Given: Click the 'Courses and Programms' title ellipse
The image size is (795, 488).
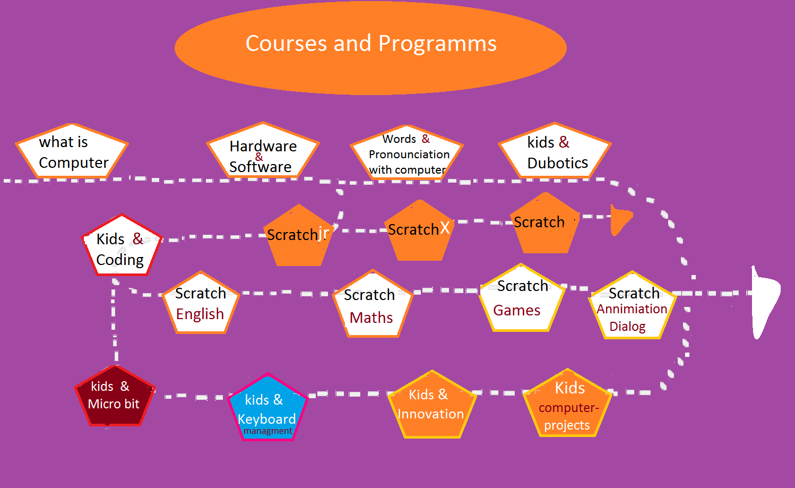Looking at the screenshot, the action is (x=370, y=48).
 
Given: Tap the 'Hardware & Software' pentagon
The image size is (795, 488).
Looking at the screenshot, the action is (x=263, y=150).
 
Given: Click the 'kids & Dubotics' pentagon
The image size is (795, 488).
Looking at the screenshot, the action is (x=555, y=151).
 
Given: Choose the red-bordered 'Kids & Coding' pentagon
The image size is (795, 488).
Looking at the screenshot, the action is (x=122, y=245).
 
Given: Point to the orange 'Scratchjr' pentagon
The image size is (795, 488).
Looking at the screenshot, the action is (x=299, y=235).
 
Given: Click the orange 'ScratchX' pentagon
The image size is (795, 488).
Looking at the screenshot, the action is (x=419, y=230).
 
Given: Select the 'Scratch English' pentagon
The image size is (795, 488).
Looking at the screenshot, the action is (x=201, y=303).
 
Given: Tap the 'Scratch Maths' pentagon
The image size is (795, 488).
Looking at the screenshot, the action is (x=373, y=304).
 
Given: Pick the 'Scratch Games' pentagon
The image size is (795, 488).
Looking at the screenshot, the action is (x=521, y=298).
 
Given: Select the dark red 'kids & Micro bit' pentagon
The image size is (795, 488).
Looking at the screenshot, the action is (x=115, y=396).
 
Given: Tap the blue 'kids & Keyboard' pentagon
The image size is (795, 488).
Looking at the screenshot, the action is (x=267, y=407).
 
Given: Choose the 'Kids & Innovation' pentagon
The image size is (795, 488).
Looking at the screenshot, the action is (x=432, y=405).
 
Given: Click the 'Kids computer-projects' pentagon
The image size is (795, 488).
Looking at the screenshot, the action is (x=567, y=404).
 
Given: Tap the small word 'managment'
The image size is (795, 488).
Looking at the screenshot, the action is (x=268, y=431).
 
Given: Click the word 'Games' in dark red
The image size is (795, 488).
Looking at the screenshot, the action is (x=516, y=311).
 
